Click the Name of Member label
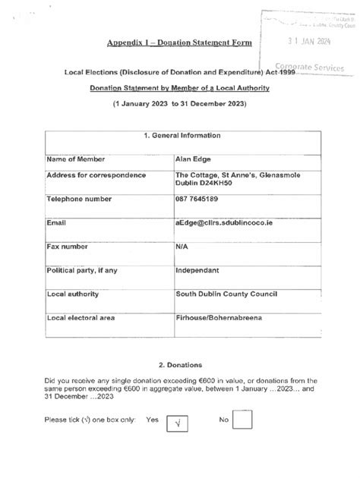(75, 159)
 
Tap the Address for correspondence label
(96, 175)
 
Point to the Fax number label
(71, 247)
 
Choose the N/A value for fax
(183, 247)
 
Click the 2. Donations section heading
(180, 365)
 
